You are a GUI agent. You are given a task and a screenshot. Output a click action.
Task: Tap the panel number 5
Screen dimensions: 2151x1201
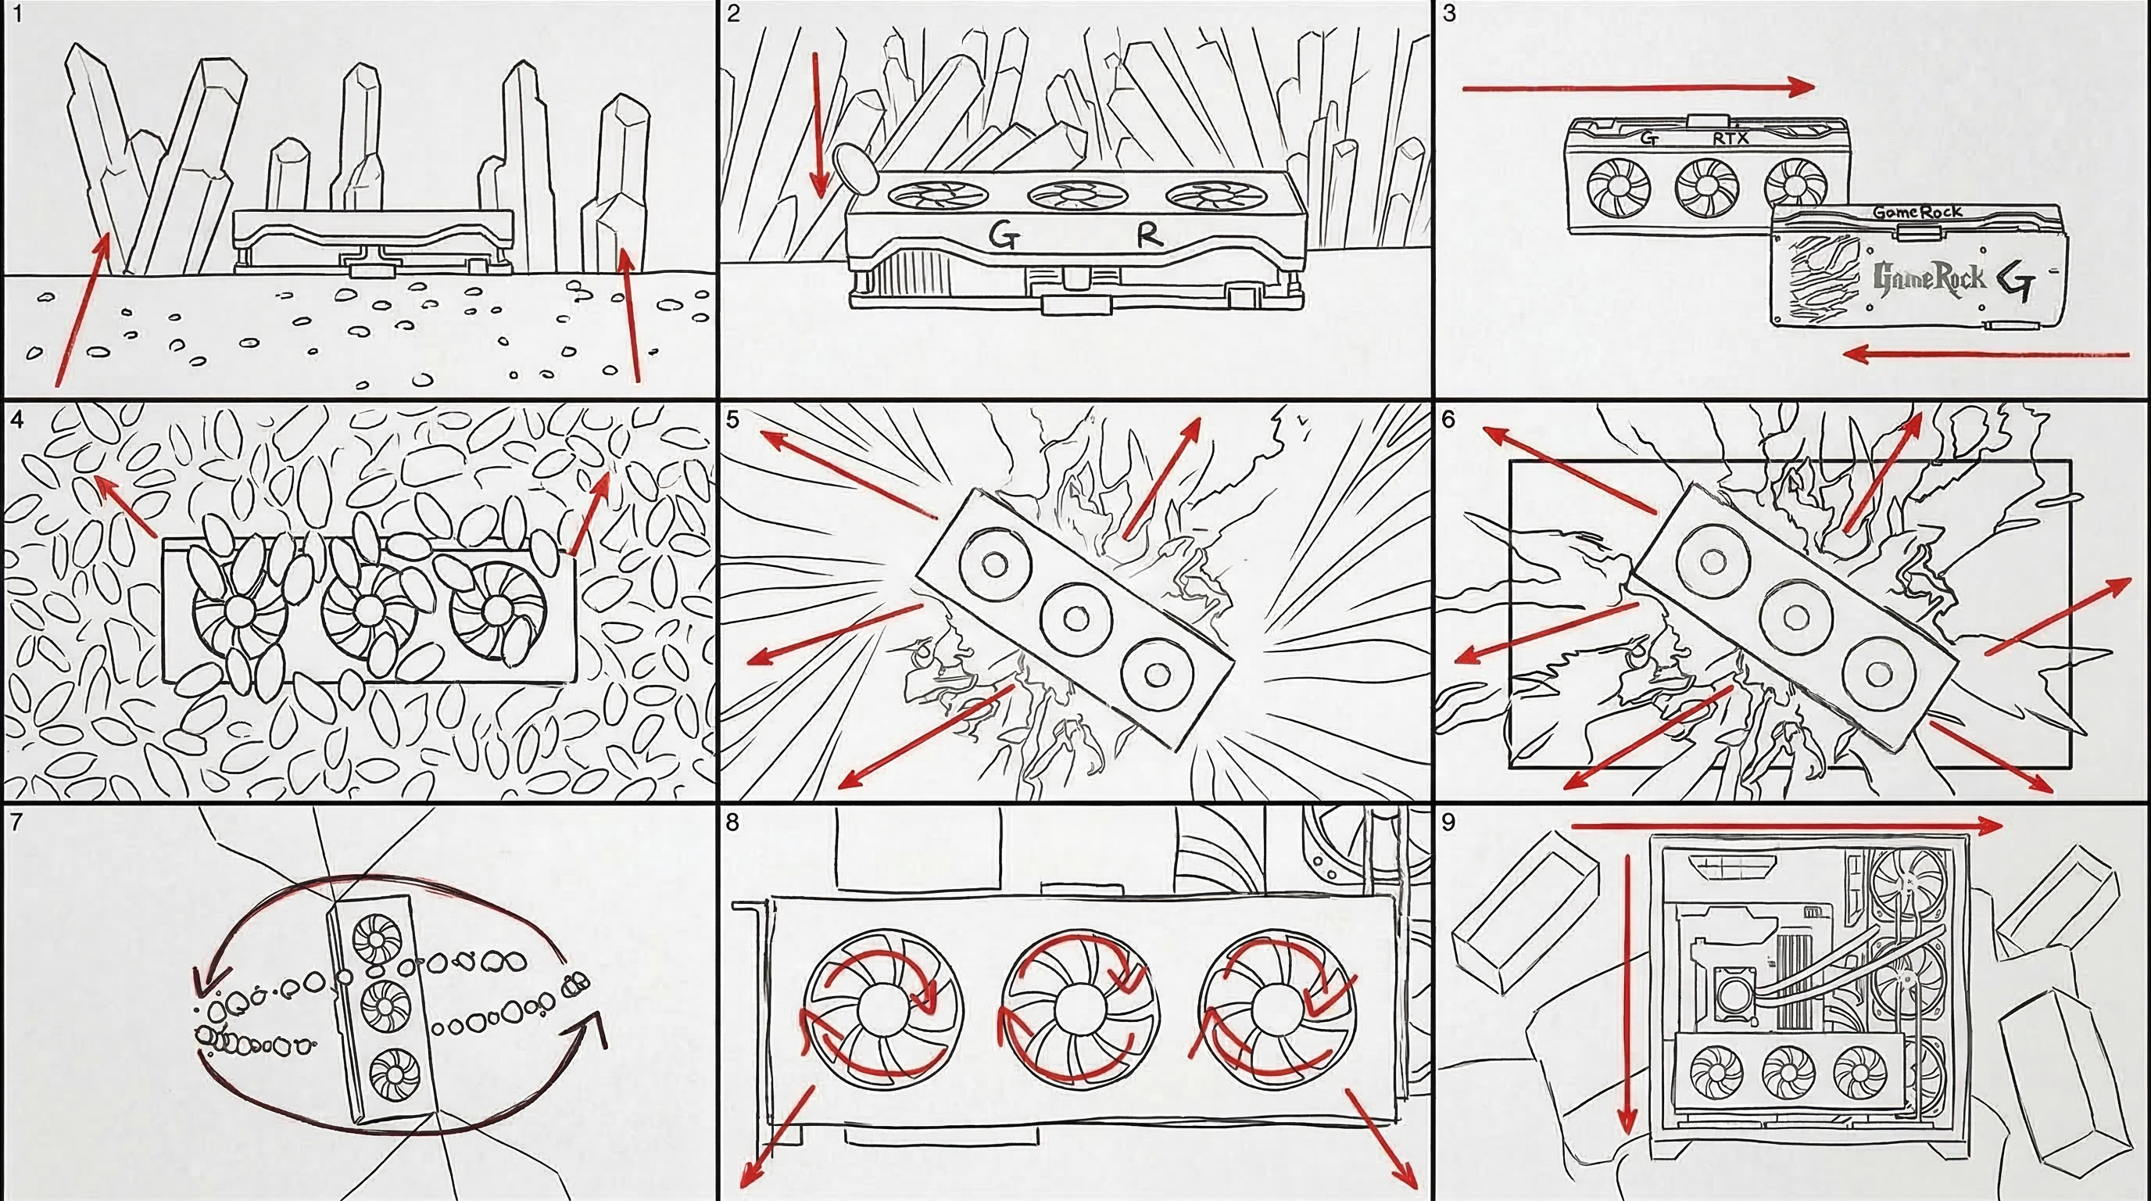tap(733, 419)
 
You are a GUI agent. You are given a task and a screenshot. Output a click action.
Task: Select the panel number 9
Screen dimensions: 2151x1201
tap(1449, 823)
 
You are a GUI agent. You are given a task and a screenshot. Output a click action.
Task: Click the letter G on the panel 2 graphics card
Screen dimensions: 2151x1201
tap(1004, 236)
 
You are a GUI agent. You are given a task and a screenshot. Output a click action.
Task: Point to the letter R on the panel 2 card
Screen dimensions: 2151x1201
tap(1149, 236)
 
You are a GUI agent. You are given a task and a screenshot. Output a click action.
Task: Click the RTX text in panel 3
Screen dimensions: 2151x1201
tap(1731, 138)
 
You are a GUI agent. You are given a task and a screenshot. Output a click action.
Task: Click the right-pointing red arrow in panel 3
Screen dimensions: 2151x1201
tap(1638, 87)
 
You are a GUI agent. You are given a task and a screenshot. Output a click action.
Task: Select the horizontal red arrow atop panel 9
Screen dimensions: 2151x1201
tap(1788, 826)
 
